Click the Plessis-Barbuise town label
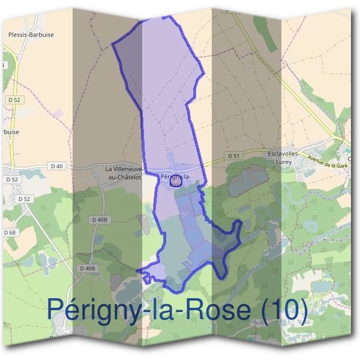31,35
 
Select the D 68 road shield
10,232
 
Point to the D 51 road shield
234,155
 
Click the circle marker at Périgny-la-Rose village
176,179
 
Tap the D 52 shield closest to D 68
24,199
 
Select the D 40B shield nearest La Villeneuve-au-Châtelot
101,220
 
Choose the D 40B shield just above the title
86,268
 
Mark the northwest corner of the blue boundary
113,44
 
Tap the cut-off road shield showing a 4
2,64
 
